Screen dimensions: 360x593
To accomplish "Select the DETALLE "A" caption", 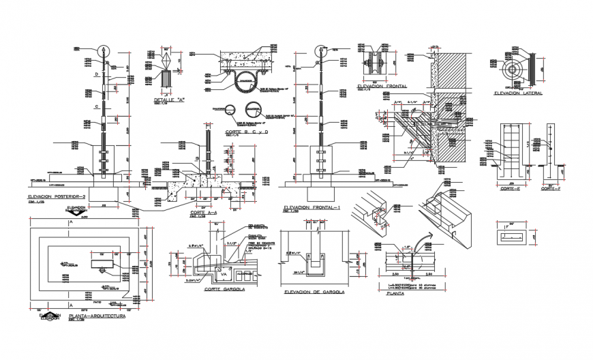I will click(x=169, y=100).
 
